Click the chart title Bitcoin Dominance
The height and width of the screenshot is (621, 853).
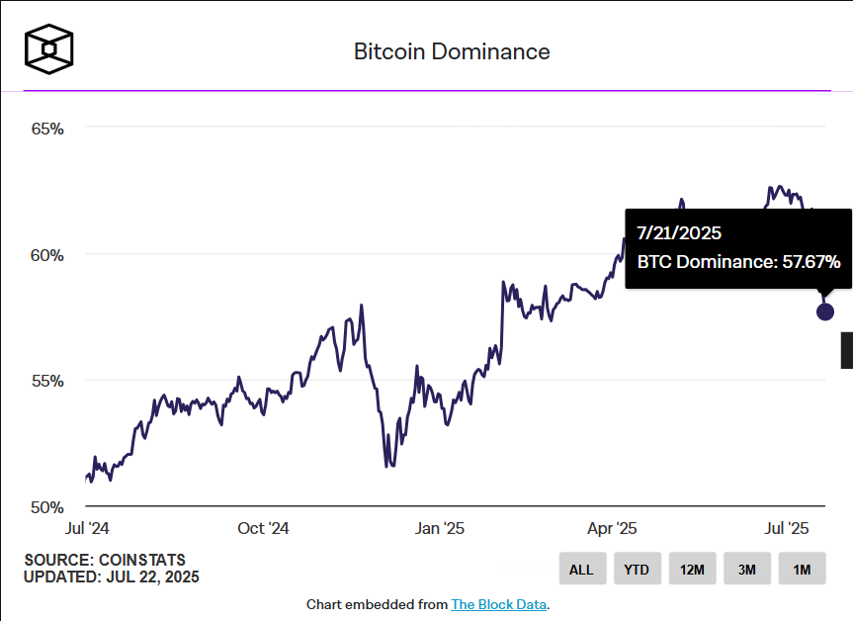point(452,51)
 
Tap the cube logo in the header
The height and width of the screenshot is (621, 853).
point(49,48)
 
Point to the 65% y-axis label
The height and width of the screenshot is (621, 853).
point(46,129)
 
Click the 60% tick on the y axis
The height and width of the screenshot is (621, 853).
point(46,255)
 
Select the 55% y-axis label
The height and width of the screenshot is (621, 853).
point(46,381)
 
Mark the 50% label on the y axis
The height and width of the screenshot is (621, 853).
point(46,507)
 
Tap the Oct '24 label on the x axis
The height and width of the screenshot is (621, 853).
point(263,528)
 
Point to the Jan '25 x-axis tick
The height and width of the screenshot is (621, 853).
point(440,528)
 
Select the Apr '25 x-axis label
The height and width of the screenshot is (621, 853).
point(613,528)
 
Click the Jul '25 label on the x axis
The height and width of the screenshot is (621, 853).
point(787,528)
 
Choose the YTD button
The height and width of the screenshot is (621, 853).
point(637,570)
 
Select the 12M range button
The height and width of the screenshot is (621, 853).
point(692,570)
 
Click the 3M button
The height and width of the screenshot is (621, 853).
point(746,570)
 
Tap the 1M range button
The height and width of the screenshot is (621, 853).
point(802,570)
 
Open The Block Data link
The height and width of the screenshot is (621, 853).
point(498,604)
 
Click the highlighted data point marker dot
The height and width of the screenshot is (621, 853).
point(825,311)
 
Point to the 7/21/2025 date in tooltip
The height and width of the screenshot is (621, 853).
point(679,234)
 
